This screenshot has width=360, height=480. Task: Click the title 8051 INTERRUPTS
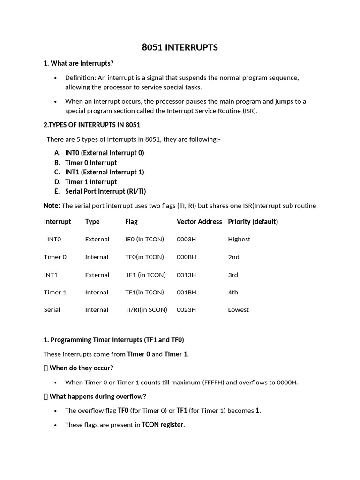click(180, 47)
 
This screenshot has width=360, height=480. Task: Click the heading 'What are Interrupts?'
click(82, 63)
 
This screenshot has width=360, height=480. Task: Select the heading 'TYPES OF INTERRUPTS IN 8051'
click(93, 125)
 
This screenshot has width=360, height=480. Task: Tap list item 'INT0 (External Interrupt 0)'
click(105, 153)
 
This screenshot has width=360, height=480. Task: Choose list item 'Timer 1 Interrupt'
click(91, 182)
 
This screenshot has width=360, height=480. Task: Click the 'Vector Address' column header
click(199, 222)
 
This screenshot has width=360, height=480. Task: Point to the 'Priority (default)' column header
click(253, 222)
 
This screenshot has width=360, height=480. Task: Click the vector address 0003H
click(186, 239)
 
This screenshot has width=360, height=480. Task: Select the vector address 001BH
click(186, 292)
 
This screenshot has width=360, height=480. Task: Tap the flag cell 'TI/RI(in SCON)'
click(146, 310)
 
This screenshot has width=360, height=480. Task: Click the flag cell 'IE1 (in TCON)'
click(146, 275)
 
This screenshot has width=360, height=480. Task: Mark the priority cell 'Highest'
click(239, 239)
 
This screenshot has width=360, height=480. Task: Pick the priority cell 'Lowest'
click(238, 310)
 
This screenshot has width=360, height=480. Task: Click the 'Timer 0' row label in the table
click(55, 257)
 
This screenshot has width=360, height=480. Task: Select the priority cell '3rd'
click(233, 275)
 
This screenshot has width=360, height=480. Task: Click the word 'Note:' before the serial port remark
click(52, 206)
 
